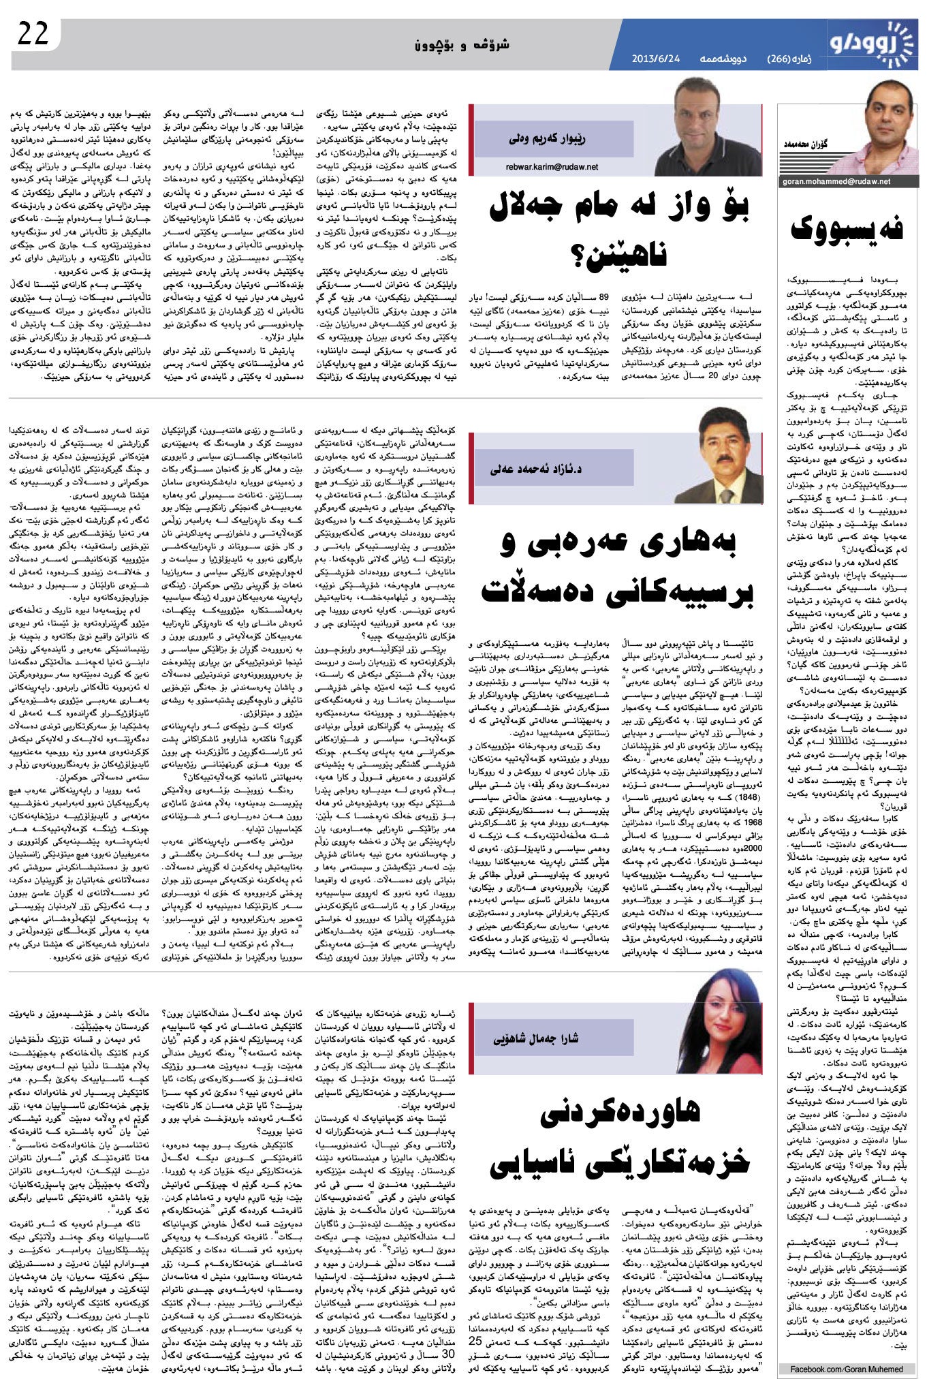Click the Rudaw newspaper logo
point(871,42)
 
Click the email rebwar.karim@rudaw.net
point(552,166)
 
